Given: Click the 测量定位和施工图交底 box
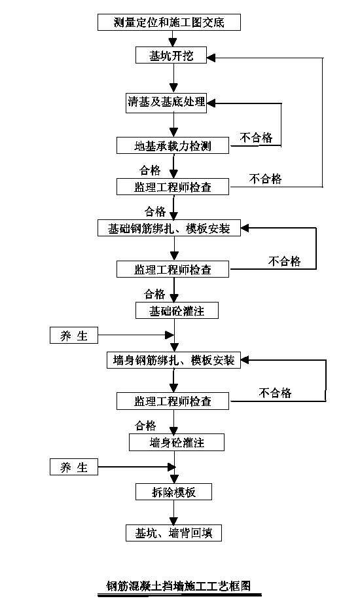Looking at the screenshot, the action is coord(169,22).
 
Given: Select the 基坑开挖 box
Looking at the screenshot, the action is coord(171,55).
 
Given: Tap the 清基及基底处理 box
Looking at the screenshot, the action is coord(166,103).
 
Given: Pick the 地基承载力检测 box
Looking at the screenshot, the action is coord(173,145).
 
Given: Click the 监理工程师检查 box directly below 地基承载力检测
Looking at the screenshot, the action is coord(173,187).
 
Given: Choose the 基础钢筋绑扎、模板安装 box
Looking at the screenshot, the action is coord(169,228).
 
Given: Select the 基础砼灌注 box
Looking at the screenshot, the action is coord(177,310).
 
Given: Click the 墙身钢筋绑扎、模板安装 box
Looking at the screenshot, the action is coord(173,360).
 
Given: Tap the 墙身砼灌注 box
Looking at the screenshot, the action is coord(176,443).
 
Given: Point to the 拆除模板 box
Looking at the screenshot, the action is coord(173,492).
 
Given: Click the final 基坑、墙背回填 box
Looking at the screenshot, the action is coord(173,533).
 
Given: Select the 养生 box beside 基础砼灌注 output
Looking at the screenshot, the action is coord(74,335).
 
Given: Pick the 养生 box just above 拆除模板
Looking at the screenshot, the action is coord(74,467).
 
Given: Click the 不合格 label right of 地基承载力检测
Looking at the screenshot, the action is coord(256,137).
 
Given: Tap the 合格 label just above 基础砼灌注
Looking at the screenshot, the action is coord(154,294).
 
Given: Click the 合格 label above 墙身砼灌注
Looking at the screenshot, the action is coord(145,426).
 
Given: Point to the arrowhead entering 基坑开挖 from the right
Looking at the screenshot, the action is coord(211,58).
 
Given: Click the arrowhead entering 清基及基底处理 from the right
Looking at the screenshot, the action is coord(211,103).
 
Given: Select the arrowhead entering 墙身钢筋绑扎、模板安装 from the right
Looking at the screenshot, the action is coord(245,360).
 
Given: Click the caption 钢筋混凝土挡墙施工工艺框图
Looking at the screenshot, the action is coord(179,586).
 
